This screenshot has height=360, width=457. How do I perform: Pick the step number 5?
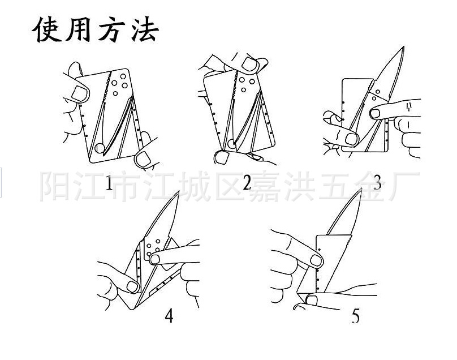(355, 315)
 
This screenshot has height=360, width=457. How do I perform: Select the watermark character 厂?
(405, 184)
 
